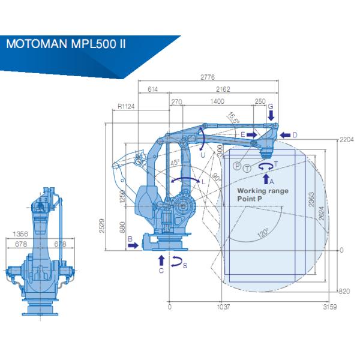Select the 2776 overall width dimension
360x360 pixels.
tap(208, 77)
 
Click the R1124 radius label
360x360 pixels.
tap(126, 106)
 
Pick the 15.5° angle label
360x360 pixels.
tap(233, 118)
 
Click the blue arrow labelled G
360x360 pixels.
tap(271, 115)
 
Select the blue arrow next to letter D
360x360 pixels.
tap(284, 134)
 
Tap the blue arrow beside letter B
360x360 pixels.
tap(134, 245)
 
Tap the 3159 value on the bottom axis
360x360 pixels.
tap(328, 307)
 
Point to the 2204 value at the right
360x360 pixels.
tap(347, 140)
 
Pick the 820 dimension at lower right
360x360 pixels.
tap(343, 291)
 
